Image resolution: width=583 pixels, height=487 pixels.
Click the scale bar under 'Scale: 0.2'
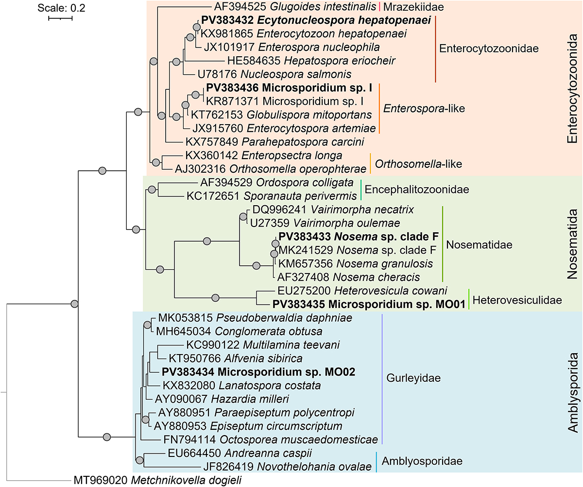[60, 18]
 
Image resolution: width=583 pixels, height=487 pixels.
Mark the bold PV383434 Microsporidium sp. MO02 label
[259, 372]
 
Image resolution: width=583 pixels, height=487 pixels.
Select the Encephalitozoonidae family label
[417, 190]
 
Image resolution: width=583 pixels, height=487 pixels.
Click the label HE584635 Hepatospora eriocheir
[311, 61]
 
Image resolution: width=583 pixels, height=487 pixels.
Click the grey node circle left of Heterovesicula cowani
[216, 297]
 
